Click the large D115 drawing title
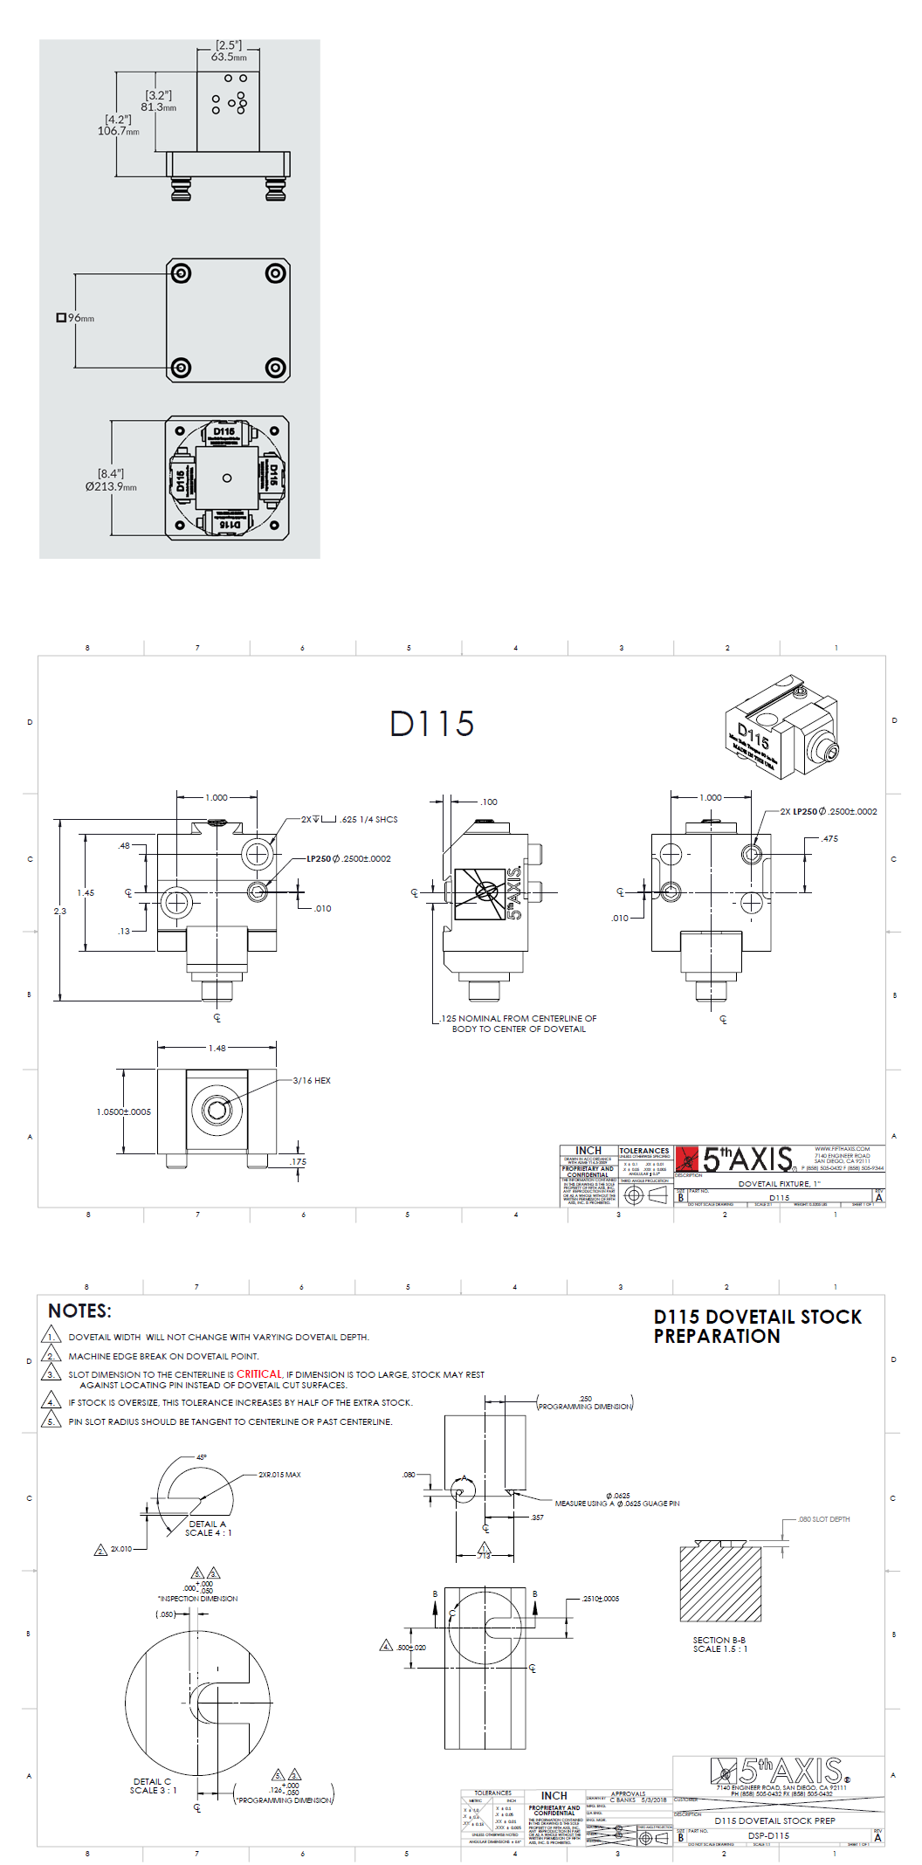click(x=431, y=724)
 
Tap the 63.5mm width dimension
click(x=229, y=57)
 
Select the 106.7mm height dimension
click(x=118, y=131)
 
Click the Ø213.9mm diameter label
click(x=111, y=486)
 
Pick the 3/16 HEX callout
click(x=312, y=1081)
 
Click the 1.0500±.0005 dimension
click(x=123, y=1111)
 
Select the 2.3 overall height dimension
click(x=59, y=911)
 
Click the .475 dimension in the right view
click(x=829, y=838)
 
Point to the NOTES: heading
click(x=79, y=1311)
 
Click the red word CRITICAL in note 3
click(x=259, y=1373)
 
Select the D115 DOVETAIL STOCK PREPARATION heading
click(x=757, y=1326)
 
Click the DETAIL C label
click(x=152, y=1781)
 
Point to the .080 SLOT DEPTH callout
click(x=823, y=1519)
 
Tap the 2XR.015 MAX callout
click(x=279, y=1475)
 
